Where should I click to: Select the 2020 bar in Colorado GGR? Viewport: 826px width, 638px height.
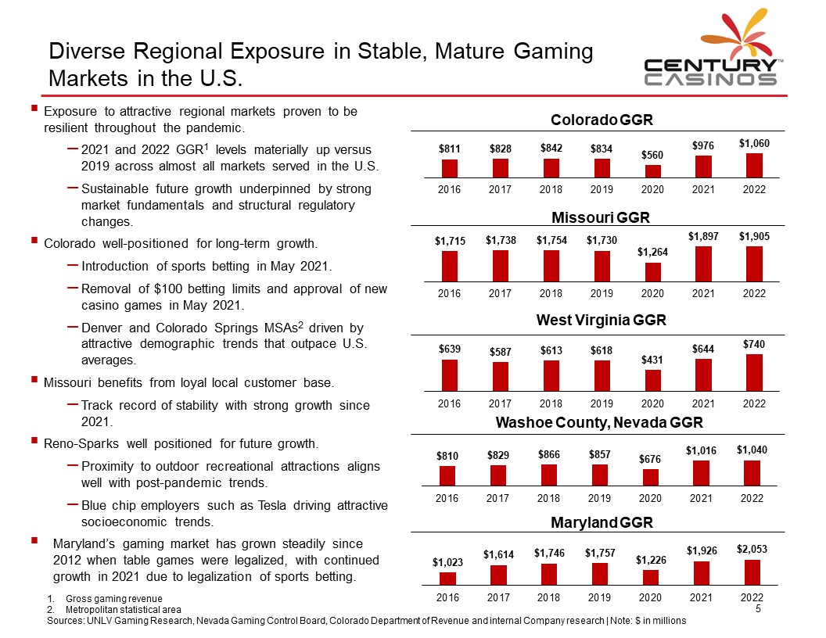(652, 171)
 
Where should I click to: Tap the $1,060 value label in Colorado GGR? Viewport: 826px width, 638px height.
(754, 143)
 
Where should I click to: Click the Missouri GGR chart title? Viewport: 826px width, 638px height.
(601, 217)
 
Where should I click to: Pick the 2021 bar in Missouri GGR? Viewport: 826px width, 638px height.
(703, 263)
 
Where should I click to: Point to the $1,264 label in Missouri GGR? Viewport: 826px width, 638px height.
(652, 252)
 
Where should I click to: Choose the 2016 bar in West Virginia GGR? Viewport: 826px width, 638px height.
(450, 375)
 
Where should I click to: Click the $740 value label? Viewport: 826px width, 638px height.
(754, 344)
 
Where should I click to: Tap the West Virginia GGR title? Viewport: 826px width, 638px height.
(601, 320)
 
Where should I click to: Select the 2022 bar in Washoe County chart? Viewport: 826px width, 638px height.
(752, 473)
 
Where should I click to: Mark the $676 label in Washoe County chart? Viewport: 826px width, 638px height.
(651, 458)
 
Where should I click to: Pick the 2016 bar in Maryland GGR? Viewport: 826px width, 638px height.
(447, 578)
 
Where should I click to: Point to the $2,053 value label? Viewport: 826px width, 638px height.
(752, 550)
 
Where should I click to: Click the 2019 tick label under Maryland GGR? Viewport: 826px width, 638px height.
(600, 597)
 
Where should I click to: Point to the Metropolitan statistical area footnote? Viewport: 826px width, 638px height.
(124, 609)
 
